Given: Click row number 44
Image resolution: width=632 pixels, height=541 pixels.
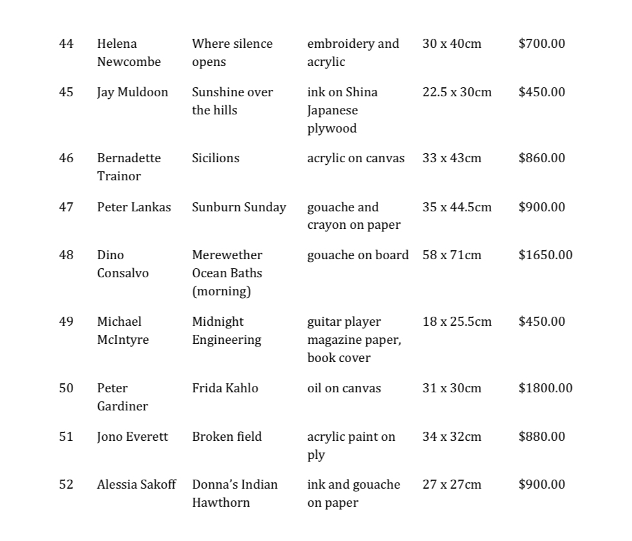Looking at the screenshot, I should (66, 44).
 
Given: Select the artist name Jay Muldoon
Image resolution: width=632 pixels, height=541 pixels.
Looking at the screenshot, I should (132, 92).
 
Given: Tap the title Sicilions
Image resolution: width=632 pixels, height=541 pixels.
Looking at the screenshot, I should (215, 158).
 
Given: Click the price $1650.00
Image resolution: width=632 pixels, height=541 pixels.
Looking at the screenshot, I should (545, 255).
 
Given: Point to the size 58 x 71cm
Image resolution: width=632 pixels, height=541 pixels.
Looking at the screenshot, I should (452, 255).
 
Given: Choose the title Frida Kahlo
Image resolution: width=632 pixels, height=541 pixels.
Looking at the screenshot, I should (225, 388).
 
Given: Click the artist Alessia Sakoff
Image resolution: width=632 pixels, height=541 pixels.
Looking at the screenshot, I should (136, 485).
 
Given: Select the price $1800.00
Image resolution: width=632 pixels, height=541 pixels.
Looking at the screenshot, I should (545, 388).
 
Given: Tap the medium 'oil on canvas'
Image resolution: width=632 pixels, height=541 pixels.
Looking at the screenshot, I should (344, 388).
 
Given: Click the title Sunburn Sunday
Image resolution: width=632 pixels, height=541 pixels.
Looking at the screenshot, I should (238, 207).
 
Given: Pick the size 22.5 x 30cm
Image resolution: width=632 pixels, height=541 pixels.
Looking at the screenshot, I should (457, 92).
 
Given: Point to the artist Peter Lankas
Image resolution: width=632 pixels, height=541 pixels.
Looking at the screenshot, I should (134, 207).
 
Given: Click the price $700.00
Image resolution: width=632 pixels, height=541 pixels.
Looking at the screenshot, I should (541, 44).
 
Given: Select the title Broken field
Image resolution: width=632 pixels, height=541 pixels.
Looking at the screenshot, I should (227, 437).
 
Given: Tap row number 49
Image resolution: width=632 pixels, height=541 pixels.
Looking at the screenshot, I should (66, 322).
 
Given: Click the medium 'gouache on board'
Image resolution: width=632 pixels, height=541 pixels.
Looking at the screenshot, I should (357, 255).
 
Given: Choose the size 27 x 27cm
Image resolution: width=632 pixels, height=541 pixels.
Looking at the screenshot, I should (452, 485).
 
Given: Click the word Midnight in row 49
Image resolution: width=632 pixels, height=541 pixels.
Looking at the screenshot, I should (218, 322).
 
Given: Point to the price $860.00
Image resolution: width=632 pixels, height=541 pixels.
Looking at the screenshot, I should (541, 158).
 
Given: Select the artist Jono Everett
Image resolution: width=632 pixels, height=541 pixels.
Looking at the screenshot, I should (132, 437).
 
